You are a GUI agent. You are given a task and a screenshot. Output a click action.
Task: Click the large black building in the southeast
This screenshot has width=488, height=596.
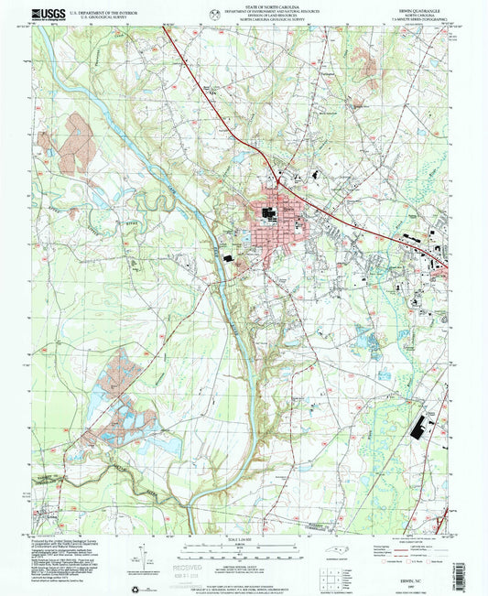[427, 428]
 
